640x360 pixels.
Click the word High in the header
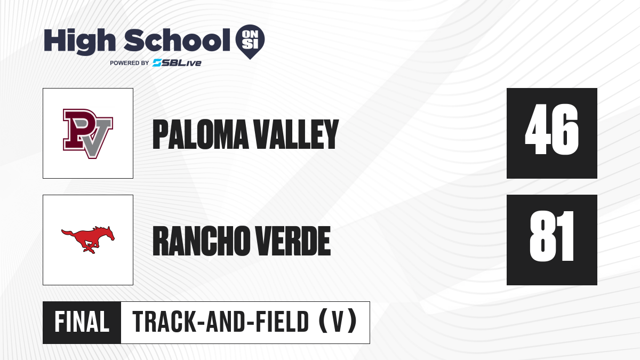pyautogui.click(x=80, y=41)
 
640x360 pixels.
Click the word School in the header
pyautogui.click(x=177, y=40)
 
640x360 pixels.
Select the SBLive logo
pyautogui.click(x=177, y=63)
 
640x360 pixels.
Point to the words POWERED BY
pyautogui.click(x=130, y=63)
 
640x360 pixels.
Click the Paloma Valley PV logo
pyautogui.click(x=88, y=133)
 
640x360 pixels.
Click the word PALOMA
pyautogui.click(x=201, y=134)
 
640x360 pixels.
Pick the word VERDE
pyautogui.click(x=293, y=241)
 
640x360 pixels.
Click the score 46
pyautogui.click(x=551, y=129)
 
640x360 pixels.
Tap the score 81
pyautogui.click(x=551, y=236)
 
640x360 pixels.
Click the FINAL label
pyautogui.click(x=82, y=322)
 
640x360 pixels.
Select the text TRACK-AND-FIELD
pyautogui.click(x=221, y=322)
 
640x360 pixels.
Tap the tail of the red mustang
pyautogui.click(x=68, y=233)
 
